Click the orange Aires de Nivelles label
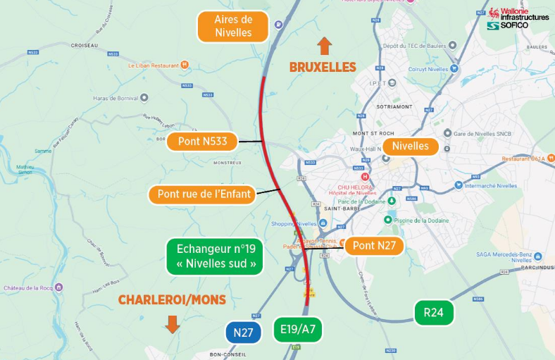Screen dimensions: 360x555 233,26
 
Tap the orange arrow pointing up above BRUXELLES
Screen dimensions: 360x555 324,46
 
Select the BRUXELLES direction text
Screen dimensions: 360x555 323,67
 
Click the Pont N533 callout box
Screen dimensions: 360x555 202,142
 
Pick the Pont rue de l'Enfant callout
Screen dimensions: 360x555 204,194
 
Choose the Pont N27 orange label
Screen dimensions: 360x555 374,245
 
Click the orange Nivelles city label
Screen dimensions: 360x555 410,147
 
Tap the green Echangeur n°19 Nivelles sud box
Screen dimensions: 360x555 215,257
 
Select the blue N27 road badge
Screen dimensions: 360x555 243,333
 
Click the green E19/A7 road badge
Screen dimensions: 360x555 297,329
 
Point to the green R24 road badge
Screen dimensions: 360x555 433,312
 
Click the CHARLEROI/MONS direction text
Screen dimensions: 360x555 172,300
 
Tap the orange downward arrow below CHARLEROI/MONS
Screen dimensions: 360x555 172,324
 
